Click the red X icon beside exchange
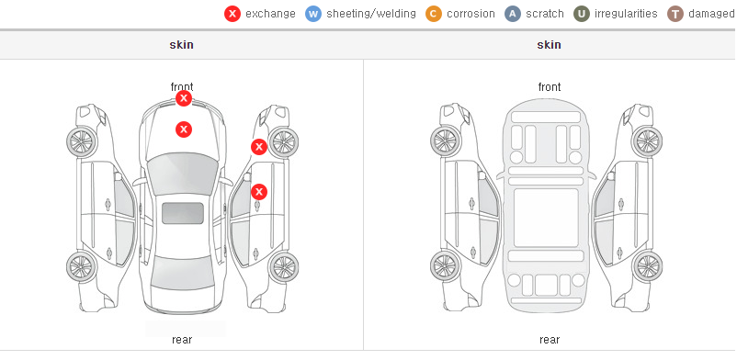[232, 14]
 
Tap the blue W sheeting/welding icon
[313, 14]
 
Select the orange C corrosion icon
[434, 14]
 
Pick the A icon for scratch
[513, 14]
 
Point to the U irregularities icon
[582, 14]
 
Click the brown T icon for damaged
[675, 14]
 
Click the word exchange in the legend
[270, 14]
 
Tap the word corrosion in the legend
[471, 14]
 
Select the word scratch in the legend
[544, 14]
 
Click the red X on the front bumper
[184, 98]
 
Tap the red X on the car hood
[184, 129]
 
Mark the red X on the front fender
[258, 147]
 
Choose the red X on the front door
[259, 192]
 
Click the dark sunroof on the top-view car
[183, 213]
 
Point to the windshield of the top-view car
[183, 173]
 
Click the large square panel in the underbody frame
[546, 218]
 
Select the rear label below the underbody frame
[550, 339]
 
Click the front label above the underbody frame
[550, 87]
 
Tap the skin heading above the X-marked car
[181, 45]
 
